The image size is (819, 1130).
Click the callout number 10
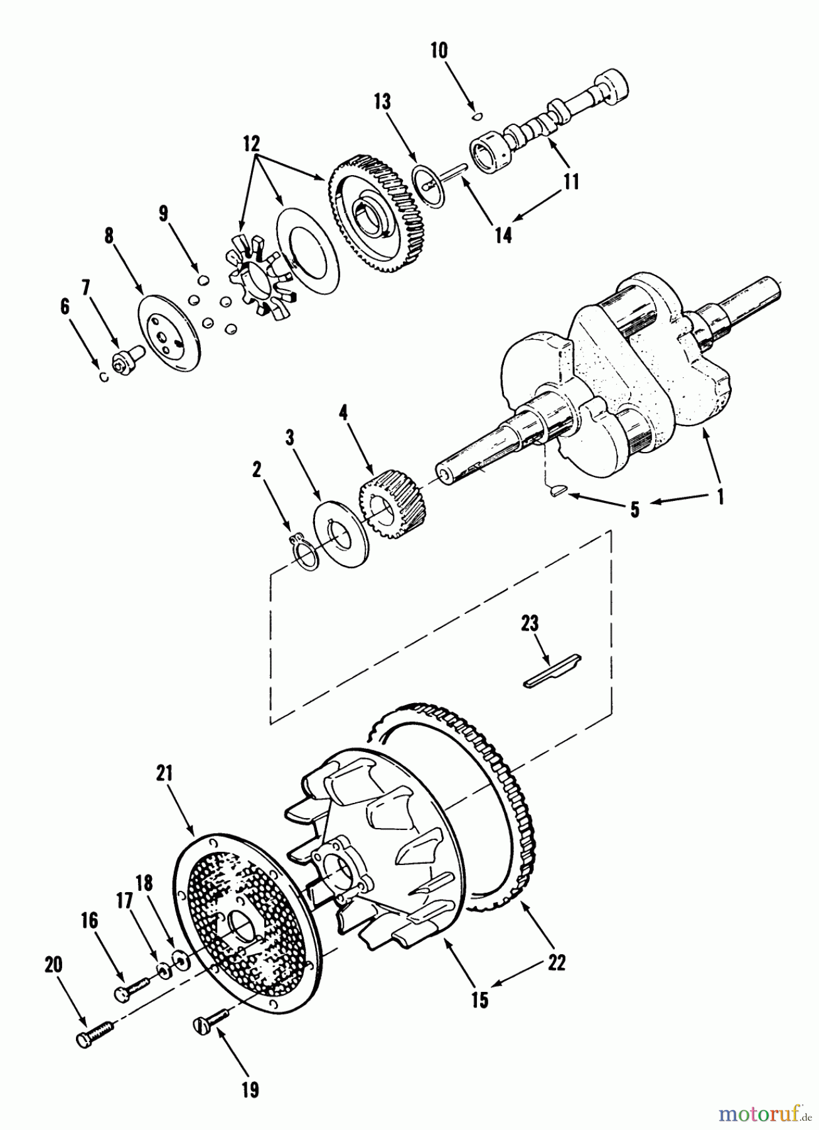coord(439,50)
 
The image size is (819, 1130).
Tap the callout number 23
coord(529,623)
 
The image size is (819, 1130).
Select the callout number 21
coord(164,775)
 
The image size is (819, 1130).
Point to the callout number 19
coord(250,1090)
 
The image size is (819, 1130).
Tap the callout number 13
coord(382,102)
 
